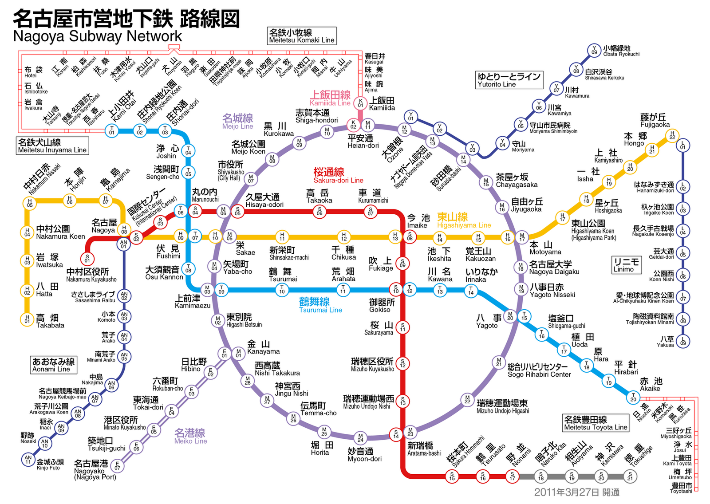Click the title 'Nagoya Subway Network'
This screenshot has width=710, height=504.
coord(98,36)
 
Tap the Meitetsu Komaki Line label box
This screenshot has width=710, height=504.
coord(302,36)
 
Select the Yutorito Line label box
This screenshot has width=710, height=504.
coord(509,80)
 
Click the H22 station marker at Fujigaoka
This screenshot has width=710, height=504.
coord(672,135)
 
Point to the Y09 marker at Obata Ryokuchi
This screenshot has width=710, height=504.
coord(594,50)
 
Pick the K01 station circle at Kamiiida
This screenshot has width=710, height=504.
coord(360,103)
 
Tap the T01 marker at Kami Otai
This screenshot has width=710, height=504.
coord(111,131)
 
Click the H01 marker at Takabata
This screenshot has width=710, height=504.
coord(27,319)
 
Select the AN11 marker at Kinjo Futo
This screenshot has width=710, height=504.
coord(28,460)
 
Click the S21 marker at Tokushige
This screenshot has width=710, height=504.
coord(630,476)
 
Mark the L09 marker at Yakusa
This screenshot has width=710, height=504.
coord(683,341)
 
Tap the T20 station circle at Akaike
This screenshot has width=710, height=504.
coord(633,397)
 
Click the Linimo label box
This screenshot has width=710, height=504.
coord(627,265)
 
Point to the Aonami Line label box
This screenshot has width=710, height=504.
coord(53,365)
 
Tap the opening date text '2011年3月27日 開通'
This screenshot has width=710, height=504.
coord(576,492)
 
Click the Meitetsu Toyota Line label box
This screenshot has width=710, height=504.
coord(596,423)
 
